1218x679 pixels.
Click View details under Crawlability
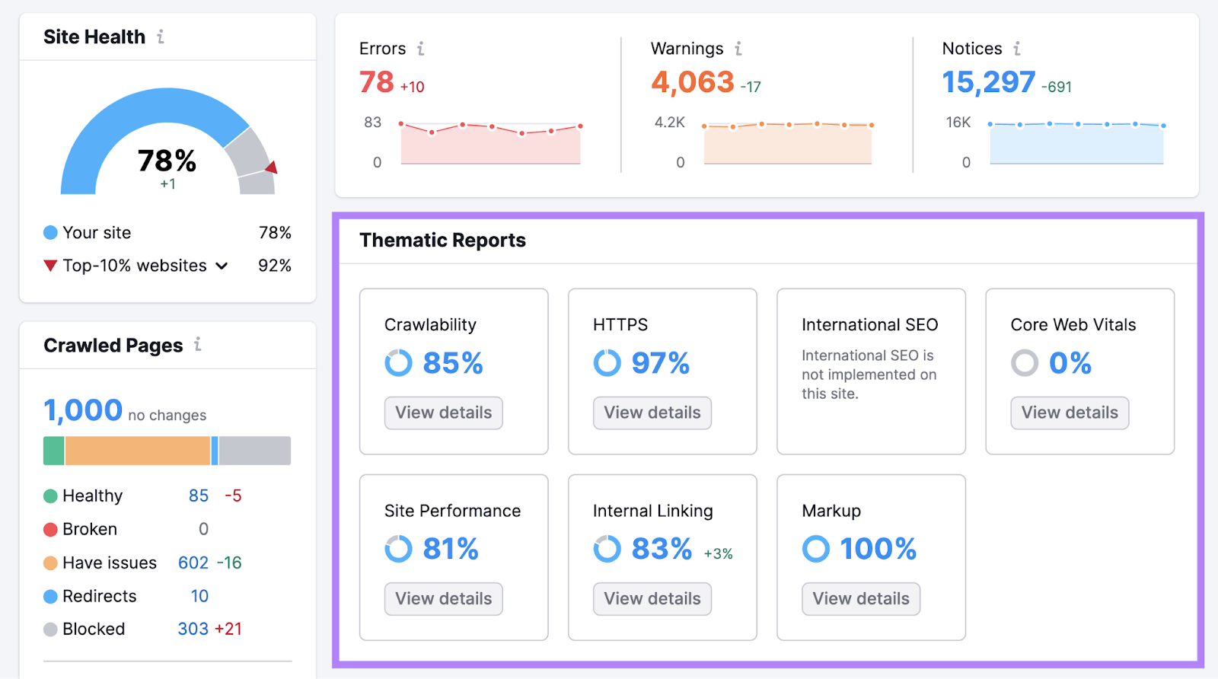pyautogui.click(x=443, y=413)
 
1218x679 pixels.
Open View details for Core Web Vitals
pyautogui.click(x=1069, y=413)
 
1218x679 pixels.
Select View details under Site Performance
pyautogui.click(x=443, y=598)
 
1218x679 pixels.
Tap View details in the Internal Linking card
pyautogui.click(x=652, y=598)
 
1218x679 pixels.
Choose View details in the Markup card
pyautogui.click(x=860, y=598)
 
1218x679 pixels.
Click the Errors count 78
pyautogui.click(x=377, y=82)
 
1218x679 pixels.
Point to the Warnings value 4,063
pyautogui.click(x=692, y=82)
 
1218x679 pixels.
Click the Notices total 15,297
pyautogui.click(x=988, y=82)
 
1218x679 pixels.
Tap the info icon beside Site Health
pyautogui.click(x=161, y=37)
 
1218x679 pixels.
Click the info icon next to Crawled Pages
pyautogui.click(x=198, y=344)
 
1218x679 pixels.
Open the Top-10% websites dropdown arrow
pyautogui.click(x=222, y=266)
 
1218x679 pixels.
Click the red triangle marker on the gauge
pyautogui.click(x=271, y=167)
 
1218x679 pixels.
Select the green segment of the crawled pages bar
pyautogui.click(x=54, y=451)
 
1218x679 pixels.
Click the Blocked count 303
pyautogui.click(x=193, y=629)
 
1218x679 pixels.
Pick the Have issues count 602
pyautogui.click(x=193, y=563)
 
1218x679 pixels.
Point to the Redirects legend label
pyautogui.click(x=99, y=596)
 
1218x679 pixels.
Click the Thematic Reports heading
pyautogui.click(x=442, y=241)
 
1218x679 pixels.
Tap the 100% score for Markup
pyautogui.click(x=878, y=549)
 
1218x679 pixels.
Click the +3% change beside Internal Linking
pyautogui.click(x=718, y=553)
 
